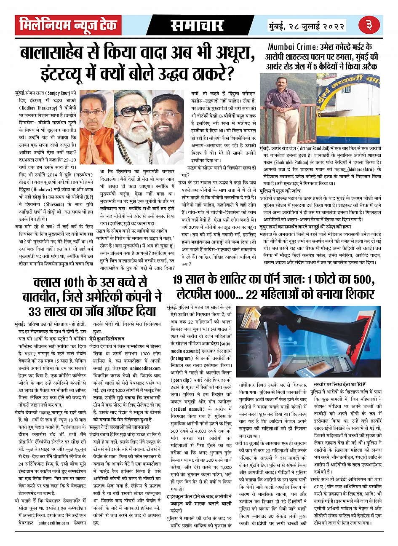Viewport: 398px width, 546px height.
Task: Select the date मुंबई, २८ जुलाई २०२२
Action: [x=307, y=26]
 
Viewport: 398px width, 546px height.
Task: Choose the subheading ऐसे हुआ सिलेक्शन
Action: [x=107, y=339]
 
